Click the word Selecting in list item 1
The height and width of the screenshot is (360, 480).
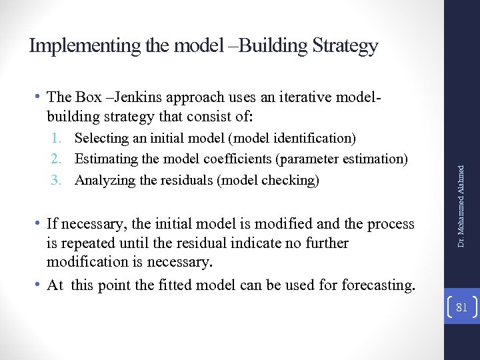tap(101, 138)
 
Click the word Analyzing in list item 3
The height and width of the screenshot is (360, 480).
tap(103, 180)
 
